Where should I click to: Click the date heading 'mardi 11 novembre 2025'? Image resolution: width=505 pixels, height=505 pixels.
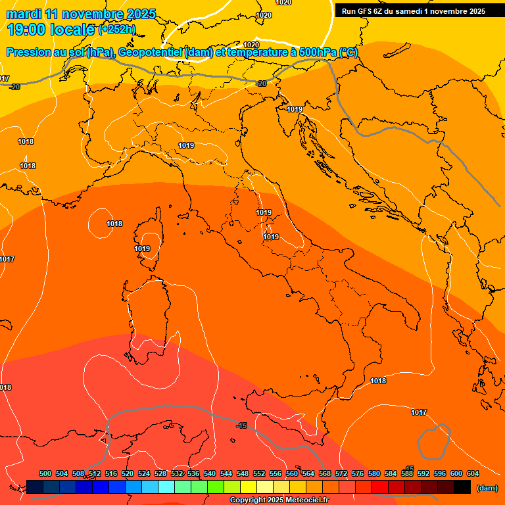coord(81,14)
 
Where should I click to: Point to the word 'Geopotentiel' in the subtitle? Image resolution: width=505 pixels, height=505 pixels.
coord(151,53)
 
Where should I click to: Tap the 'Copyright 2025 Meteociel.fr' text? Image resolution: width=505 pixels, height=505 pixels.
coord(279,500)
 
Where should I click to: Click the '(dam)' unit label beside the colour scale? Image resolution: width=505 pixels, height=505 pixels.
coord(486,488)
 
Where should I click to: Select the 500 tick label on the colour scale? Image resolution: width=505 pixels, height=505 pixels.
coord(45,473)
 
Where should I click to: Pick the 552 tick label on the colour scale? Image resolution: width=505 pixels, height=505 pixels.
coord(259,473)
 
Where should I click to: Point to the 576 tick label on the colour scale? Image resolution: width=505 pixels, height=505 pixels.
coord(358,473)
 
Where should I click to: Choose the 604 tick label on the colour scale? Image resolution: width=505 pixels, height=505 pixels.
coord(472,473)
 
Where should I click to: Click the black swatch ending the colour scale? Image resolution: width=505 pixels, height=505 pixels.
coord(462,487)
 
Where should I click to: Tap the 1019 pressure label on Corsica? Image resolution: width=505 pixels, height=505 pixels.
coord(142,249)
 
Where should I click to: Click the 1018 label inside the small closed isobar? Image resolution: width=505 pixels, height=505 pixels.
coord(114,224)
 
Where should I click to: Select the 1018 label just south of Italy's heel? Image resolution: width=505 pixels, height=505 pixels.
coord(378,381)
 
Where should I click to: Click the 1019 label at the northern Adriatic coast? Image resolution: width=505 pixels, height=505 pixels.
coord(295,109)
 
